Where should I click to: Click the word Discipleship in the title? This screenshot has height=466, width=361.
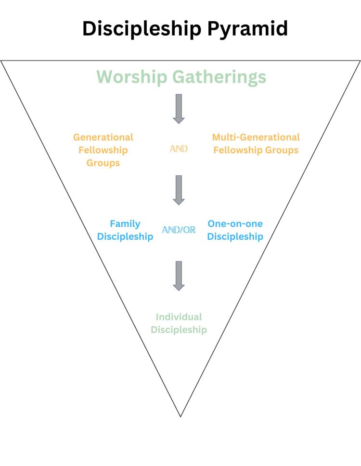pos(142,29)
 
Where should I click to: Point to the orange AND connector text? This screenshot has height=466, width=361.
pos(179,149)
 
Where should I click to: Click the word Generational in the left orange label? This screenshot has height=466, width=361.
pos(103,137)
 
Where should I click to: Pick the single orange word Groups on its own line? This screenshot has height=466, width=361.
pos(103,163)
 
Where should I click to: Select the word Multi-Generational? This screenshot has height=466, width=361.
pos(256,137)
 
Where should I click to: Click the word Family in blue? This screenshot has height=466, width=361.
pos(125,223)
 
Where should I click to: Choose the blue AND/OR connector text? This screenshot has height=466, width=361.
pos(179,230)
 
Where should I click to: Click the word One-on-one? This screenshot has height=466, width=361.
pos(235,223)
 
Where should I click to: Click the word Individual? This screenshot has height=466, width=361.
pos(179,317)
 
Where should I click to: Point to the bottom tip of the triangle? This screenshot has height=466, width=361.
pos(180,416)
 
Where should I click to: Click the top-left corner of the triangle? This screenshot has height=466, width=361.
pos(1,61)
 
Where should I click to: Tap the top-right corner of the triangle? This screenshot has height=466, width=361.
pos(360,61)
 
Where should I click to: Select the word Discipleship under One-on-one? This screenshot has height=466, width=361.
pos(235,236)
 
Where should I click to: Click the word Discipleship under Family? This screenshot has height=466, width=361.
pos(125,236)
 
